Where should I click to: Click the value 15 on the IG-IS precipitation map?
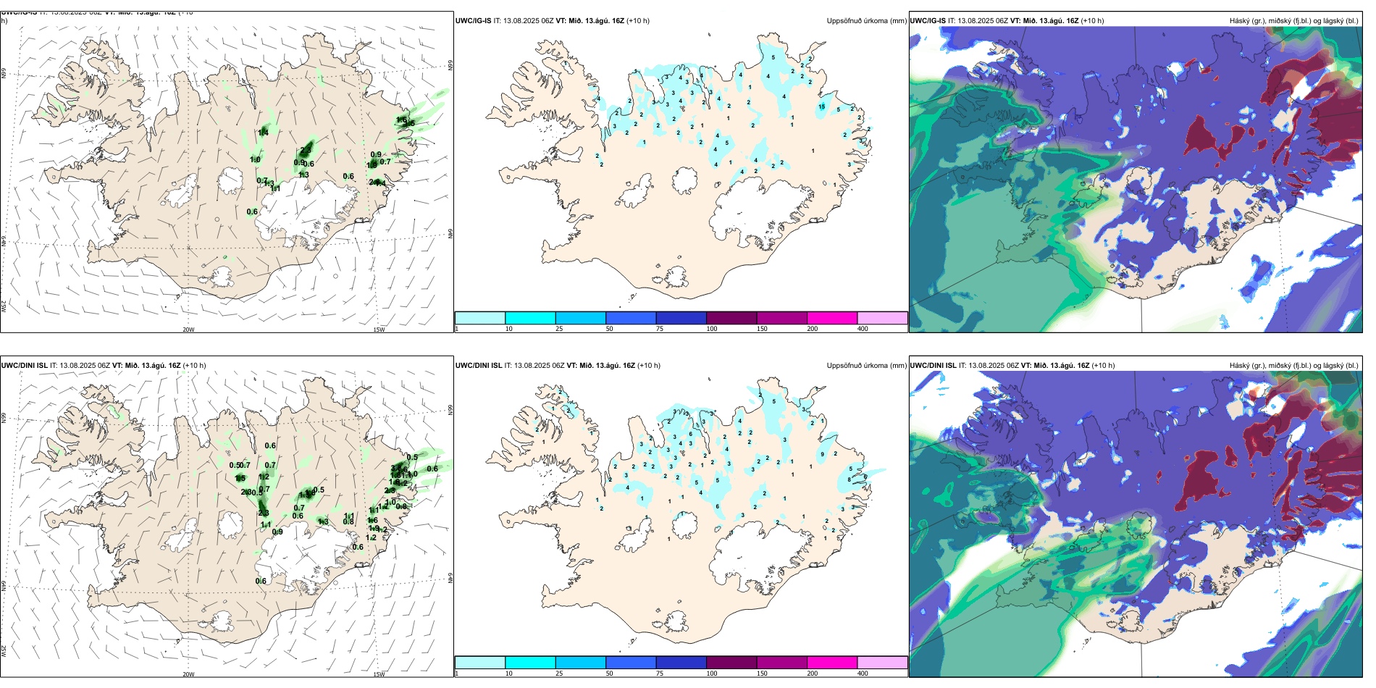(x=821, y=106)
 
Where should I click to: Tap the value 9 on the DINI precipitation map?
(x=822, y=454)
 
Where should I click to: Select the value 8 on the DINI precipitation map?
(x=849, y=479)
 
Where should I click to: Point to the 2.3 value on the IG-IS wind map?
(x=306, y=150)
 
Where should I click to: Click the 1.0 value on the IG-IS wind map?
(x=255, y=160)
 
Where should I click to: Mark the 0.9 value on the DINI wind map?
(x=277, y=532)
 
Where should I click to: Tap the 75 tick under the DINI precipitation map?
(x=660, y=674)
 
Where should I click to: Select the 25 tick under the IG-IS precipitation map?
(x=559, y=329)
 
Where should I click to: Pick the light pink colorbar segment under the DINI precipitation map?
(x=882, y=663)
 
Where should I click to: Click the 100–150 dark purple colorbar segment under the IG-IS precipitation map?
(x=731, y=318)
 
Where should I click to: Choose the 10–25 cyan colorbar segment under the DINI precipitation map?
(x=530, y=663)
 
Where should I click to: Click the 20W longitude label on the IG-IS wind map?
(x=188, y=330)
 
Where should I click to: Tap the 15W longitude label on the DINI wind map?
(x=379, y=674)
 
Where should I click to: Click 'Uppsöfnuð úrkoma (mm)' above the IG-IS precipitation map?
(x=866, y=21)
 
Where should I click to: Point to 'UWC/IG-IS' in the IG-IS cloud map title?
(x=928, y=21)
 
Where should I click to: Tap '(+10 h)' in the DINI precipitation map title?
(x=648, y=366)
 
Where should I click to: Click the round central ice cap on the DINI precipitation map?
(x=684, y=524)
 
